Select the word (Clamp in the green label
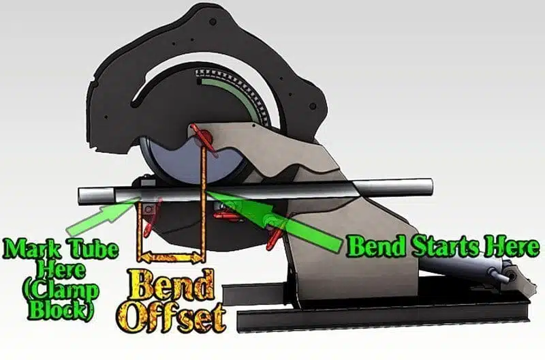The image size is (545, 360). [60, 290]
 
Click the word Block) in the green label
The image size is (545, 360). [60, 311]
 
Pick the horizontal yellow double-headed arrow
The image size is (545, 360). [171, 258]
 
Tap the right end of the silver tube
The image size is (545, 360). [431, 187]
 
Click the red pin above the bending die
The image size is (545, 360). [202, 136]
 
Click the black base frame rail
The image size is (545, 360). [382, 316]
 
